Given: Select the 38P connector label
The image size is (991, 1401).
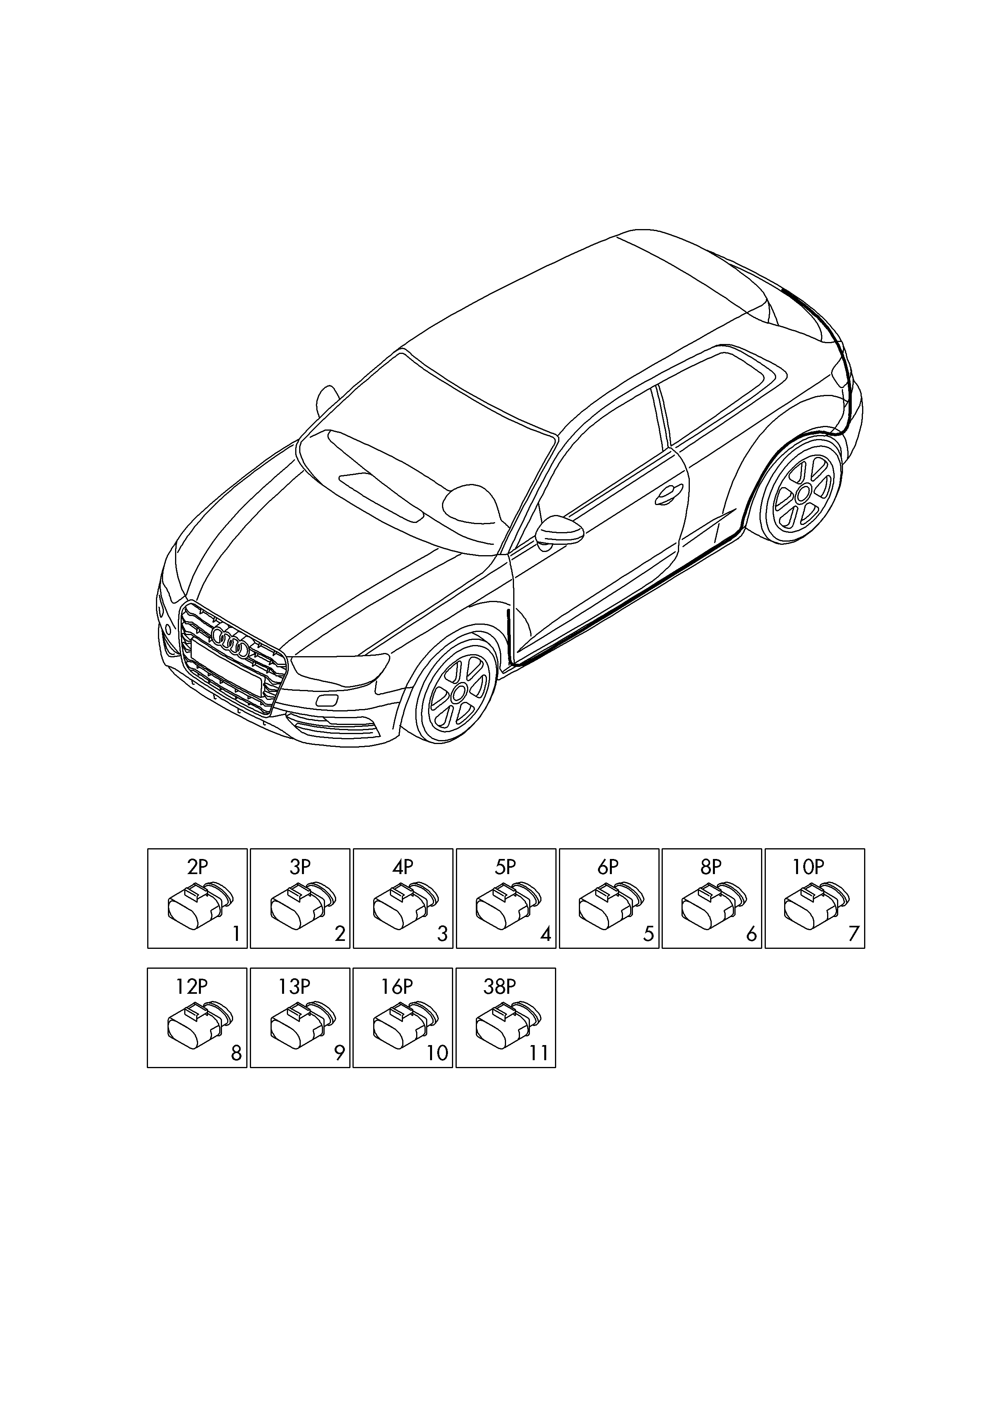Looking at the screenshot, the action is click(x=499, y=987).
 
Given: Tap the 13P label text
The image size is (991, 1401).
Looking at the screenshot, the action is click(x=294, y=987).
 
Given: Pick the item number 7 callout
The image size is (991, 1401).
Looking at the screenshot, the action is click(x=854, y=934).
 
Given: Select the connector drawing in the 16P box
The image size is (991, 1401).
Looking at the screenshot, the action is click(x=405, y=1026).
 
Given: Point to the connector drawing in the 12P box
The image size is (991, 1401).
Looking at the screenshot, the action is click(x=200, y=1026).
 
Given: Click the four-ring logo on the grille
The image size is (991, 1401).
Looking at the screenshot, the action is click(x=230, y=643).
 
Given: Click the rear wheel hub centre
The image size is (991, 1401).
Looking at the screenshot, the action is click(x=804, y=492).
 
